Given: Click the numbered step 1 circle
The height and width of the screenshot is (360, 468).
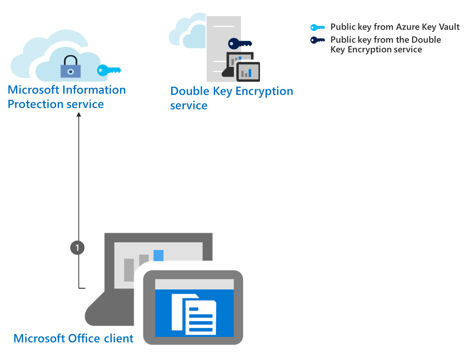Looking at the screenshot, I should [x=77, y=248].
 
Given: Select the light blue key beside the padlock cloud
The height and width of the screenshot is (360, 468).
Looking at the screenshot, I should [x=109, y=70].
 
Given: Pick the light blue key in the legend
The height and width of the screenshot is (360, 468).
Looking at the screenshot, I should [x=318, y=27].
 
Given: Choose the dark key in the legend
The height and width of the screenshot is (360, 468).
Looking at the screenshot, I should [x=318, y=40].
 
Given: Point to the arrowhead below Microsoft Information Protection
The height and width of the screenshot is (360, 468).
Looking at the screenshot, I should [x=79, y=115].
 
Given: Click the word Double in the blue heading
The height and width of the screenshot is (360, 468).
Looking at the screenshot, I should [x=190, y=91].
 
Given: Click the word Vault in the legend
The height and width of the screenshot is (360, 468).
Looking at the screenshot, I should [x=449, y=27].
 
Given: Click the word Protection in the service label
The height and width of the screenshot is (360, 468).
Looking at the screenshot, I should [x=32, y=104].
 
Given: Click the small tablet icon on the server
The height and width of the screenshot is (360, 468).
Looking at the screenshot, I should [x=248, y=72].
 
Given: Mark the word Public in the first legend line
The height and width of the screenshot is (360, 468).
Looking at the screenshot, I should [x=343, y=27].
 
